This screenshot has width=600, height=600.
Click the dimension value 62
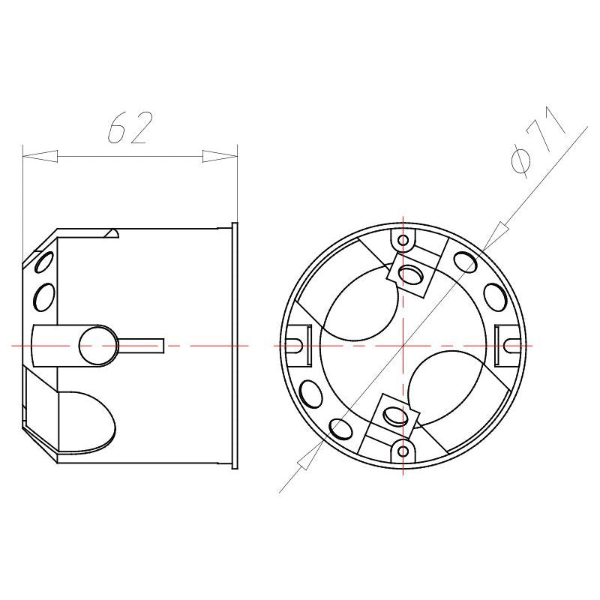pos(130,127)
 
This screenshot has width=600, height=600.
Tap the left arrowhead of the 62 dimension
pos(40,156)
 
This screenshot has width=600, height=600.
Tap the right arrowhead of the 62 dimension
pos(220,156)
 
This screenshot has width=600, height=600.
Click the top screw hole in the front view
pos(403,240)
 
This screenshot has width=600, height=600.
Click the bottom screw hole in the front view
pos(403,451)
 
